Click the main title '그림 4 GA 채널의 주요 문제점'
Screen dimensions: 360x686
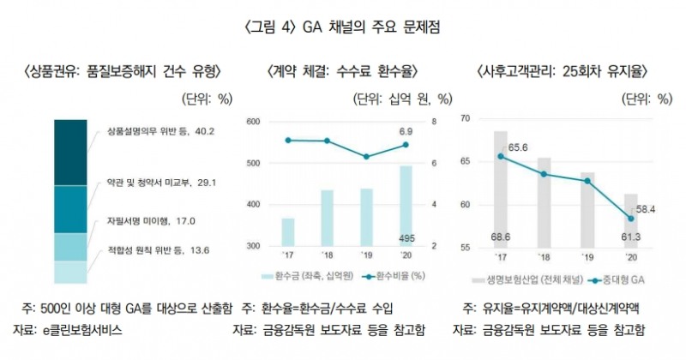point(343,27)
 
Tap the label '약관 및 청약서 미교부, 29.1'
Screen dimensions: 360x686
point(160,183)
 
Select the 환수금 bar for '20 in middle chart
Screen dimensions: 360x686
point(406,206)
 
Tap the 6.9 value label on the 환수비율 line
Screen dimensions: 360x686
point(406,131)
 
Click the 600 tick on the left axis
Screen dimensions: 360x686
point(254,122)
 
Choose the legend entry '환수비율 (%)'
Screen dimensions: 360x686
point(395,277)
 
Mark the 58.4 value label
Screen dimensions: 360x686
point(646,208)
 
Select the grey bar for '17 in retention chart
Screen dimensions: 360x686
point(500,189)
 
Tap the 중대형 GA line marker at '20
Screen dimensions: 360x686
point(630,218)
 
